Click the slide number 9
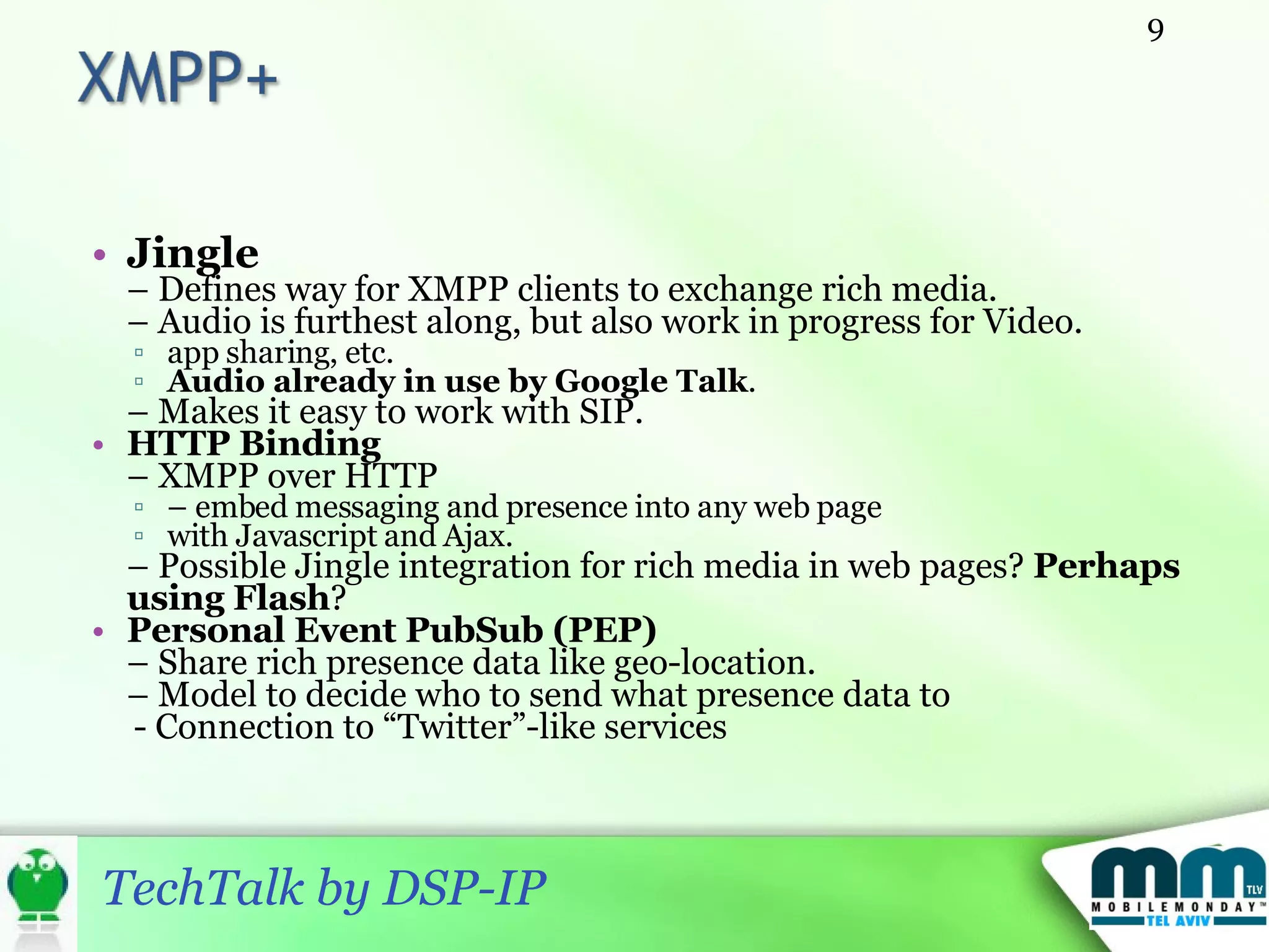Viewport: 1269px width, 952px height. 1156,30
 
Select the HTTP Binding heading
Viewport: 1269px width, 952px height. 254,444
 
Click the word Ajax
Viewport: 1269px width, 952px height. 477,536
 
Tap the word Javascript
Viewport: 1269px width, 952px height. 306,536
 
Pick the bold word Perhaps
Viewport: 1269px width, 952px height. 1107,566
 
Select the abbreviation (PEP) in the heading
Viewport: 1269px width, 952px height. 604,630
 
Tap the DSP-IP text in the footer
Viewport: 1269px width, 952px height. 465,888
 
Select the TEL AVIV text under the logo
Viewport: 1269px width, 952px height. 1177,921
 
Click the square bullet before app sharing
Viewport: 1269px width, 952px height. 139,353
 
